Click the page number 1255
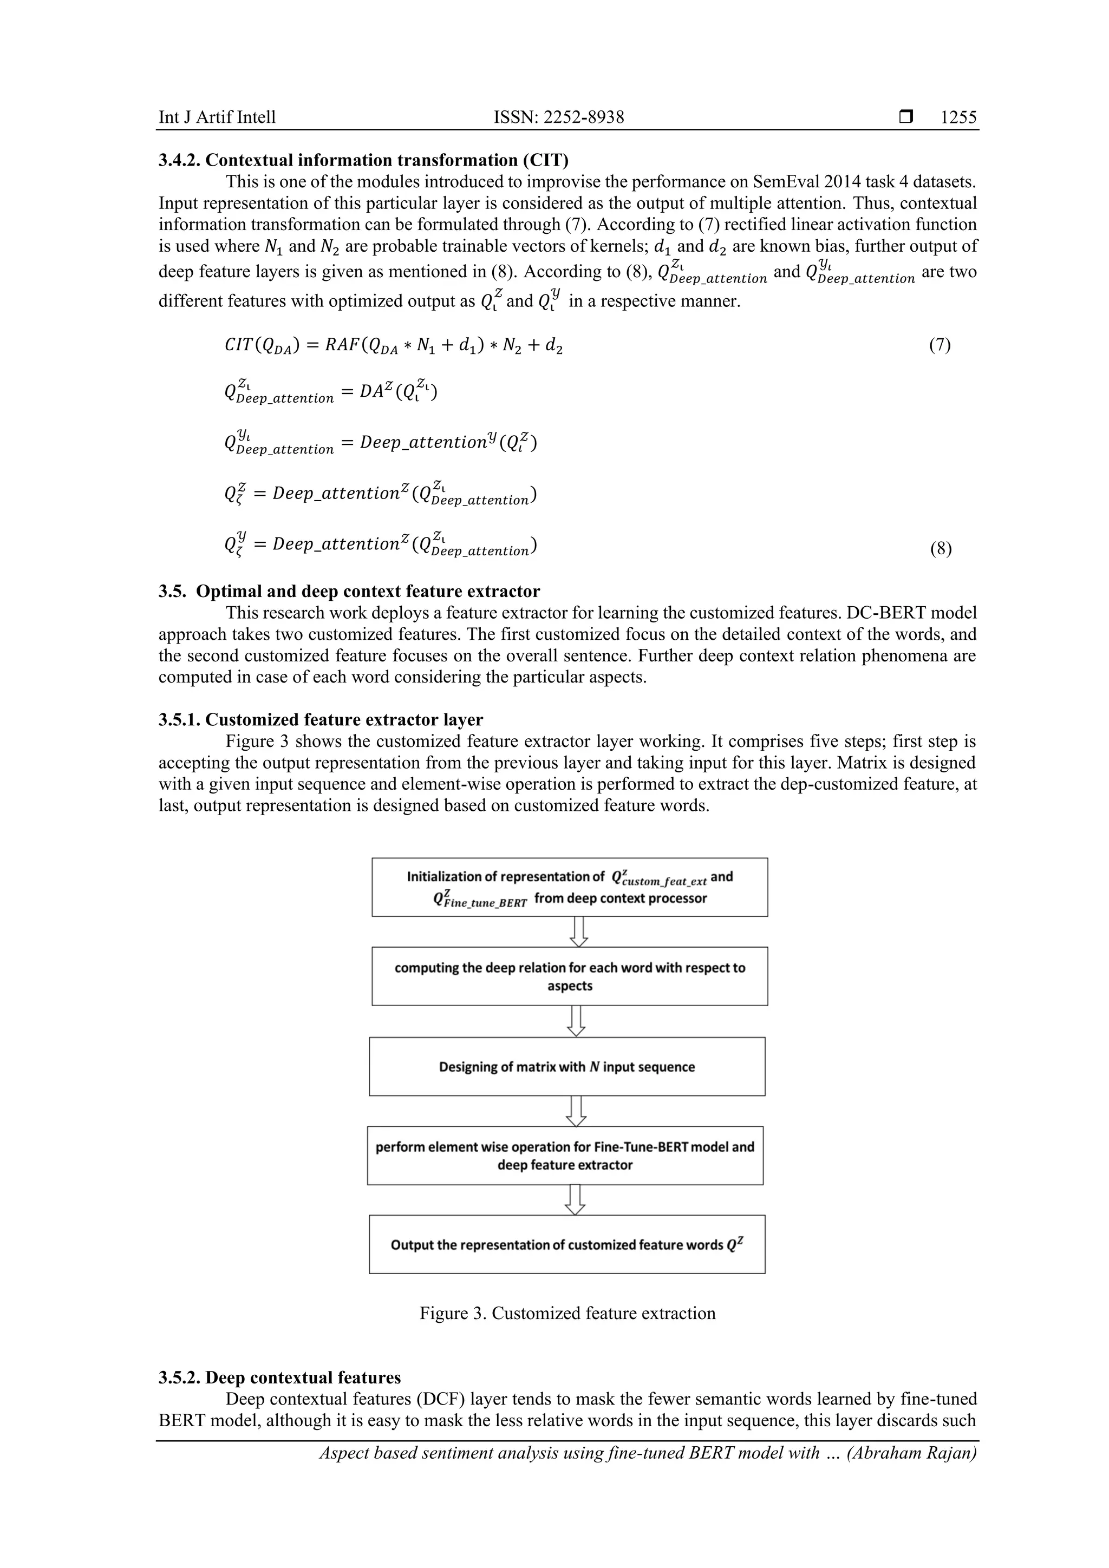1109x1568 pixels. coord(958,117)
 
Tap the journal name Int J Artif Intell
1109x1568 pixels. coord(217,117)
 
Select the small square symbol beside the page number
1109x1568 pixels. coord(906,117)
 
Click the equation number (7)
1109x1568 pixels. coord(940,345)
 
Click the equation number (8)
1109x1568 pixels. coord(940,549)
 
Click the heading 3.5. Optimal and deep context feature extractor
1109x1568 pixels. coord(349,592)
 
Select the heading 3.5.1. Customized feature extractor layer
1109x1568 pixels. coord(321,720)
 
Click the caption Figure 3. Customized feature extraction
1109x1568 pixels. coord(567,1313)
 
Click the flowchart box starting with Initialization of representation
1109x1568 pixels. coord(569,887)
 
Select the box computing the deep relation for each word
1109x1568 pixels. coord(569,976)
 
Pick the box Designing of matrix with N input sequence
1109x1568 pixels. coord(566,1067)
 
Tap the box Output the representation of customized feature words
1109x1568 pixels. coord(566,1244)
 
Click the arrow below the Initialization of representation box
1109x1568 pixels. coord(579,931)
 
